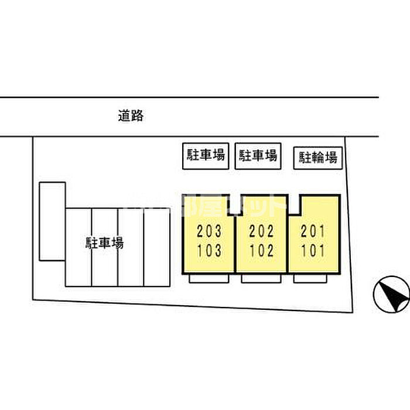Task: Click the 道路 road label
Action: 130,116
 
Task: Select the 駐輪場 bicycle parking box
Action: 318,157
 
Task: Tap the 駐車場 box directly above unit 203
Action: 206,156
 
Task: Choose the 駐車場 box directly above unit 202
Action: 257,156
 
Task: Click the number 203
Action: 209,231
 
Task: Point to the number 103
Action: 209,251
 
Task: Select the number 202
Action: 261,231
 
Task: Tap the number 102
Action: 261,251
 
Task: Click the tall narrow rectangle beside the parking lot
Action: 52,221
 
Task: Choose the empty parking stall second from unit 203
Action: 131,247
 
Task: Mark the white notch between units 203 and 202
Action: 235,204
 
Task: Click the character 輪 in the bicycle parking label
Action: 318,157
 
